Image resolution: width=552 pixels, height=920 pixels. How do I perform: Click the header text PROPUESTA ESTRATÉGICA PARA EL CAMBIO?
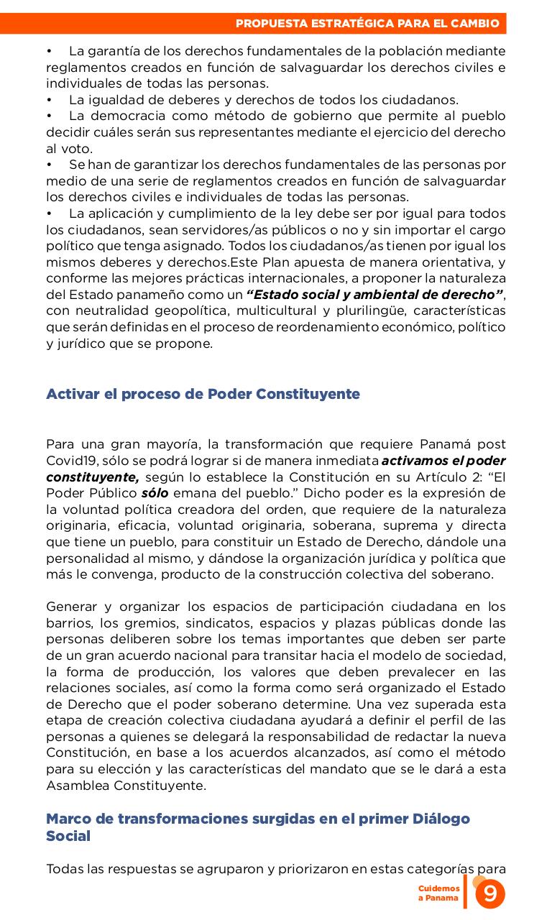point(367,24)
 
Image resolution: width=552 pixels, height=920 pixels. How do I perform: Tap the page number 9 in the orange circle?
point(490,894)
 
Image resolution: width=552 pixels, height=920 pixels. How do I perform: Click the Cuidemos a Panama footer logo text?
point(439,893)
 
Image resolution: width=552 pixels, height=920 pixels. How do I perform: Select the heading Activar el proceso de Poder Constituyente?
point(203,394)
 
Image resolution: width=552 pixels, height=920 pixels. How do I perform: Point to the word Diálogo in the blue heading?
point(441,819)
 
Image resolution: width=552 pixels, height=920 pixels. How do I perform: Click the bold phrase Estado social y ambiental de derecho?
point(374,295)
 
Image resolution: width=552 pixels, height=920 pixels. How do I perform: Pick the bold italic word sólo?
point(155,494)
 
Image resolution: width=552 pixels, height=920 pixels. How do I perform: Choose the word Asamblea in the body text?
point(75,786)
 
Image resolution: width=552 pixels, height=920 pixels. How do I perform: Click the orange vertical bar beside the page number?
point(465,892)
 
